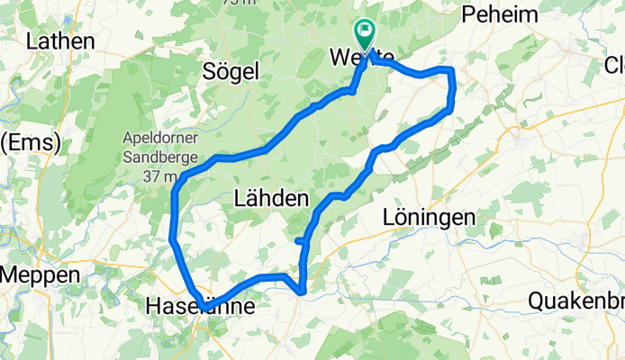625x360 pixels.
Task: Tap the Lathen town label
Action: coord(60,41)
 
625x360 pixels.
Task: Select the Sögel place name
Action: coord(231,71)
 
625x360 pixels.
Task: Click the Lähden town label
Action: coord(271,199)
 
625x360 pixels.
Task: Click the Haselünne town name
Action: coord(200,308)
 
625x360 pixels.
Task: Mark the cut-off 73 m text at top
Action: coord(236,3)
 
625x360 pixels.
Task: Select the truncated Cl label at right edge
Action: coord(613,65)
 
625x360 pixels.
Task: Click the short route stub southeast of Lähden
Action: coord(300,240)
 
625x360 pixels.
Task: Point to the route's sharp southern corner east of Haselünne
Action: coord(303,291)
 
